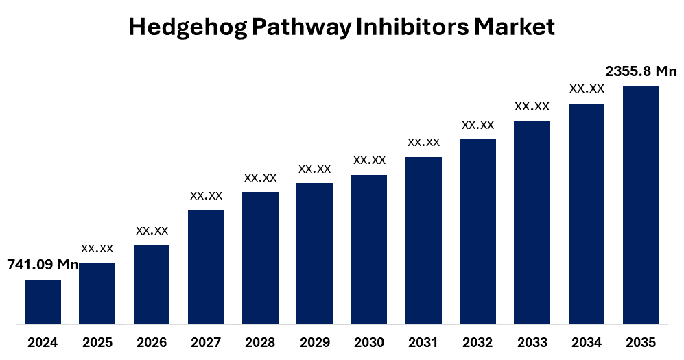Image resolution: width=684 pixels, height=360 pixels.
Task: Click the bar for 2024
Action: click(x=43, y=302)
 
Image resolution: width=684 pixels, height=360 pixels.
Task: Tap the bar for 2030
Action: click(x=369, y=249)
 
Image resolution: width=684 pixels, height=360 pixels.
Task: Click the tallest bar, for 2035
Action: click(x=641, y=204)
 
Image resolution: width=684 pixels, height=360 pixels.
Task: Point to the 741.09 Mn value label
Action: click(x=43, y=265)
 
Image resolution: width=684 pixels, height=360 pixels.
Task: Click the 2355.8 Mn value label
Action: click(x=641, y=71)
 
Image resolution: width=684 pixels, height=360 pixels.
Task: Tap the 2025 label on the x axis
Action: click(x=97, y=342)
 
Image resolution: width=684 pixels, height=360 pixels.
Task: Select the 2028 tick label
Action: click(x=260, y=342)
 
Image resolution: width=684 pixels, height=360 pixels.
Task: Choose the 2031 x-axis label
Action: click(x=423, y=342)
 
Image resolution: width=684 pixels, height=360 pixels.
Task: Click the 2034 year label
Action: click(x=587, y=342)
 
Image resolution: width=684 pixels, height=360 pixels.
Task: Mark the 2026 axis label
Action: click(x=152, y=342)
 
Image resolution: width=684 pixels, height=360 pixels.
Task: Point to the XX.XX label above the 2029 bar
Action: click(x=315, y=169)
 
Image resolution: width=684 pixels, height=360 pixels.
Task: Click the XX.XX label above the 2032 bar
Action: click(x=477, y=125)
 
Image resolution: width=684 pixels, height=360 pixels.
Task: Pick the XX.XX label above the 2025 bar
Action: click(x=97, y=248)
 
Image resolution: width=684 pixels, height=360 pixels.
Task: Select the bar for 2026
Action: click(x=152, y=284)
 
